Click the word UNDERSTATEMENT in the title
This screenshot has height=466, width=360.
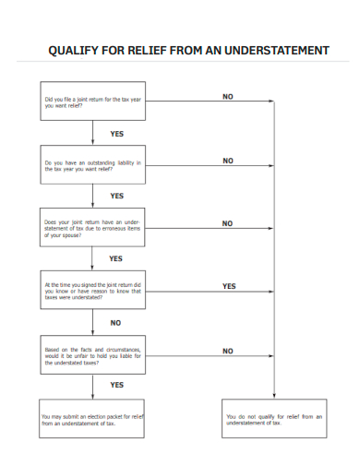pos(270,50)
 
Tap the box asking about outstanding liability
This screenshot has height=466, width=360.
pos(91,165)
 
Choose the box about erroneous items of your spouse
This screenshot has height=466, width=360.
pos(91,228)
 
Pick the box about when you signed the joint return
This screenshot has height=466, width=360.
pos(91,292)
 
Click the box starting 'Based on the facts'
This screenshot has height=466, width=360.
pos(91,356)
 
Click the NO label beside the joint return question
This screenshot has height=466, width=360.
pos(228,96)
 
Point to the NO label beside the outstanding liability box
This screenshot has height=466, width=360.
pos(228,160)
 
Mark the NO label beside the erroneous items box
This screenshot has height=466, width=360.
pos(228,223)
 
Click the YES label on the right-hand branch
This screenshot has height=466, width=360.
pos(229,286)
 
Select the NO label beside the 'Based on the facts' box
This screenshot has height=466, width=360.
pos(228,351)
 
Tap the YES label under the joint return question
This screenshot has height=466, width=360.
pos(116,134)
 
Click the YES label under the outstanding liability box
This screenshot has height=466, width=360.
pos(116,196)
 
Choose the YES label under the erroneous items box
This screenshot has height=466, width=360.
pos(116,259)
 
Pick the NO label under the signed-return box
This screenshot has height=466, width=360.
pos(115,323)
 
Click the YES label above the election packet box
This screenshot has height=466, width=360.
pos(116,385)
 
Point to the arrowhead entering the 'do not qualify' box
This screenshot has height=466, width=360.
pos(274,395)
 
